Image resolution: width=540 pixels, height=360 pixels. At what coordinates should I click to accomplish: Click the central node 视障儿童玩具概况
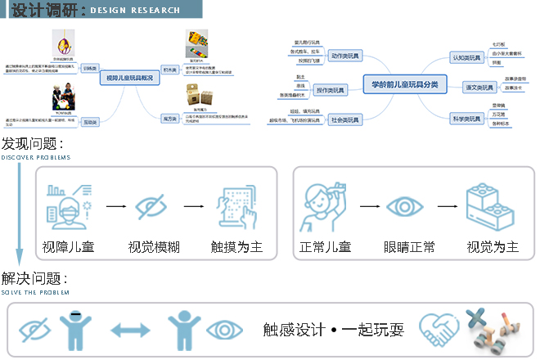tap(130, 78)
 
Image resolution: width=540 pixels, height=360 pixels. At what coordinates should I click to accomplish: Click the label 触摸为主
tap(236, 246)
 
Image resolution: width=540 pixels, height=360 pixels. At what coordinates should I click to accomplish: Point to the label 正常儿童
tap(325, 246)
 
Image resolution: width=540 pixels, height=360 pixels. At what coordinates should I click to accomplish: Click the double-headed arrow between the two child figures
tap(131, 330)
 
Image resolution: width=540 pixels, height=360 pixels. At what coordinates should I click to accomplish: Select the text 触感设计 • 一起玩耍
tap(333, 330)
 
